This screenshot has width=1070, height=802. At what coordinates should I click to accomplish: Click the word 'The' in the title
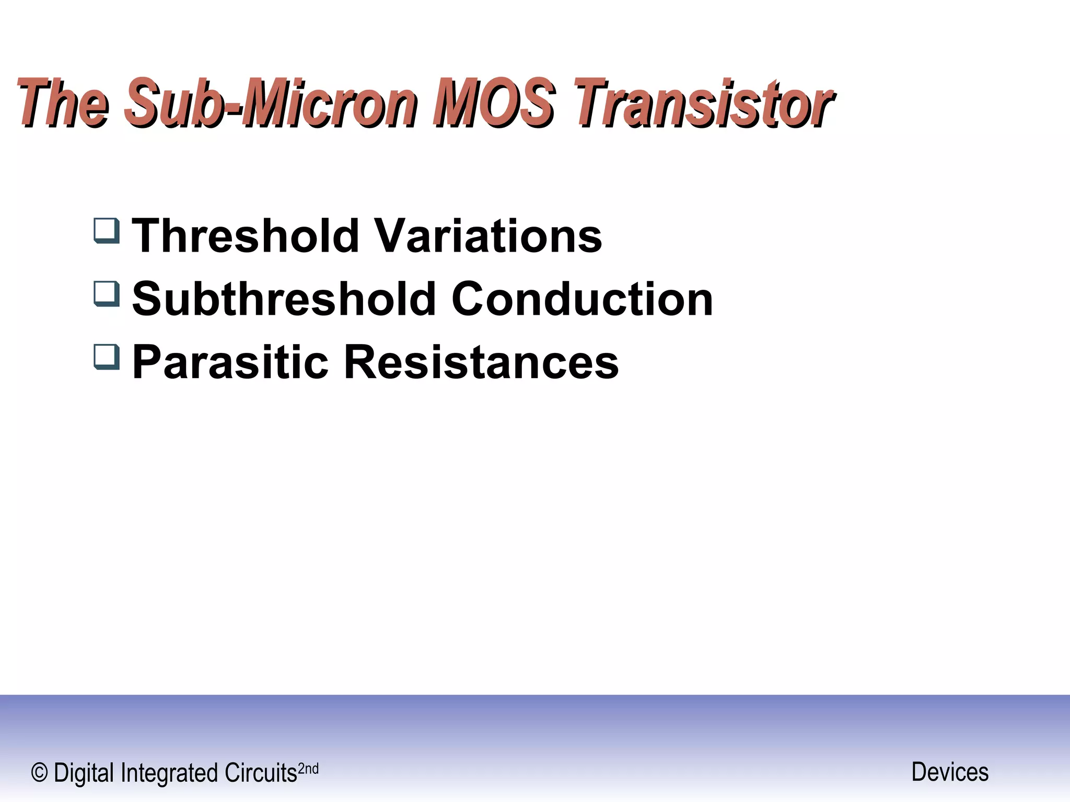(x=63, y=103)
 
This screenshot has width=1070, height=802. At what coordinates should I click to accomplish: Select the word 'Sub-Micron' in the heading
(x=272, y=103)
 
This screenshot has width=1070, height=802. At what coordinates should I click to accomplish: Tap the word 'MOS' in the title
(x=494, y=103)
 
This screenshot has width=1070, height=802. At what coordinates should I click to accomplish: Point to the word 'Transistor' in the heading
(x=703, y=103)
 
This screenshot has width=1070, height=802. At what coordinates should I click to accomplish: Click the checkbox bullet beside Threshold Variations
(x=107, y=231)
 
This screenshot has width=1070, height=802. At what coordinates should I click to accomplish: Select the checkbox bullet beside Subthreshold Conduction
(x=107, y=294)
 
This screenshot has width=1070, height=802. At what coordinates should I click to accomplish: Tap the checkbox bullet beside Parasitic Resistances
(x=107, y=357)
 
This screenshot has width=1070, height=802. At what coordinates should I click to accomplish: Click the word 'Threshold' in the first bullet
(x=246, y=236)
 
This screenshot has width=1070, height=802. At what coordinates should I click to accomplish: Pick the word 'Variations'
(x=489, y=236)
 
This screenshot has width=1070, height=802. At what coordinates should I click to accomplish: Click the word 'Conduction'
(x=582, y=299)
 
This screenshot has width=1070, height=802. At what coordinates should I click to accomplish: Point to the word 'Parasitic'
(x=230, y=362)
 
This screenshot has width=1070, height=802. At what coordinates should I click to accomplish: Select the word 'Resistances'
(x=481, y=362)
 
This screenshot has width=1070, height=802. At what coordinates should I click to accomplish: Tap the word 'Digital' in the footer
(x=84, y=773)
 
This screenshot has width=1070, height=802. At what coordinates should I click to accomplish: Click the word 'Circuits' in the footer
(x=261, y=773)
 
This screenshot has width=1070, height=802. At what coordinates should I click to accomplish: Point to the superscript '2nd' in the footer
(x=308, y=769)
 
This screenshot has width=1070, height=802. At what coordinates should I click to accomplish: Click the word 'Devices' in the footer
(x=950, y=772)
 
